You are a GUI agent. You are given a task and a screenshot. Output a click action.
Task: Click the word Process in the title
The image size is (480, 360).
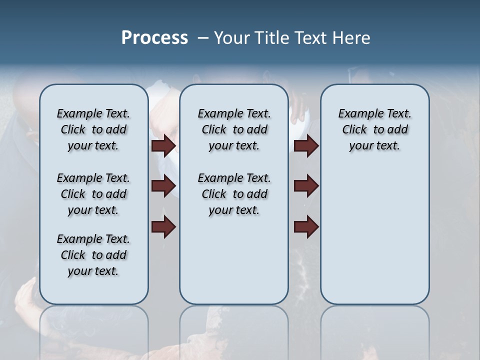tap(154, 37)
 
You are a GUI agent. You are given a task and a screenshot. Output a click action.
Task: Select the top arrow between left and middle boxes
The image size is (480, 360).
tap(163, 146)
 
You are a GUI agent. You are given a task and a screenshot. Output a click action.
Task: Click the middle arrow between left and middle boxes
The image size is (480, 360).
tap(163, 186)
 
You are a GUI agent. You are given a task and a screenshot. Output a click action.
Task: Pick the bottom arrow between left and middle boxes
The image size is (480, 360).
tap(163, 227)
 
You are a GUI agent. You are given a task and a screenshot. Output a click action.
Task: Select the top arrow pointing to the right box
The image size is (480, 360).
tap(306, 146)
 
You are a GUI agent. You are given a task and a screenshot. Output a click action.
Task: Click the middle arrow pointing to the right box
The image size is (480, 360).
tap(306, 186)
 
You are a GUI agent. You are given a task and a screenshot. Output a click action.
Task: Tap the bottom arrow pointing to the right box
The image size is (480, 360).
tap(306, 227)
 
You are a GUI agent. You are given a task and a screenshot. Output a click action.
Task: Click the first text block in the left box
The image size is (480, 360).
tap(93, 129)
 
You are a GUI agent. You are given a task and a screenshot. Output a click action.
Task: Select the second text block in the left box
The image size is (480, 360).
tap(93, 194)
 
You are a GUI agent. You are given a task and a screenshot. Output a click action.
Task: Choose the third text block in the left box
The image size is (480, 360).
tap(93, 255)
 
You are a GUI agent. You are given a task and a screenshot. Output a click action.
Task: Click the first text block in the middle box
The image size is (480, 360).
tap(234, 129)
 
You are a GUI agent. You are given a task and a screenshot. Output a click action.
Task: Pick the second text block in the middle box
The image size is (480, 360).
tap(234, 194)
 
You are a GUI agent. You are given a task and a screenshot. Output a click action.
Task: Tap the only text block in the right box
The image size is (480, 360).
tap(374, 129)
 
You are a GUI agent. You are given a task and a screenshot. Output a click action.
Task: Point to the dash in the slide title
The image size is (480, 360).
tap(203, 38)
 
